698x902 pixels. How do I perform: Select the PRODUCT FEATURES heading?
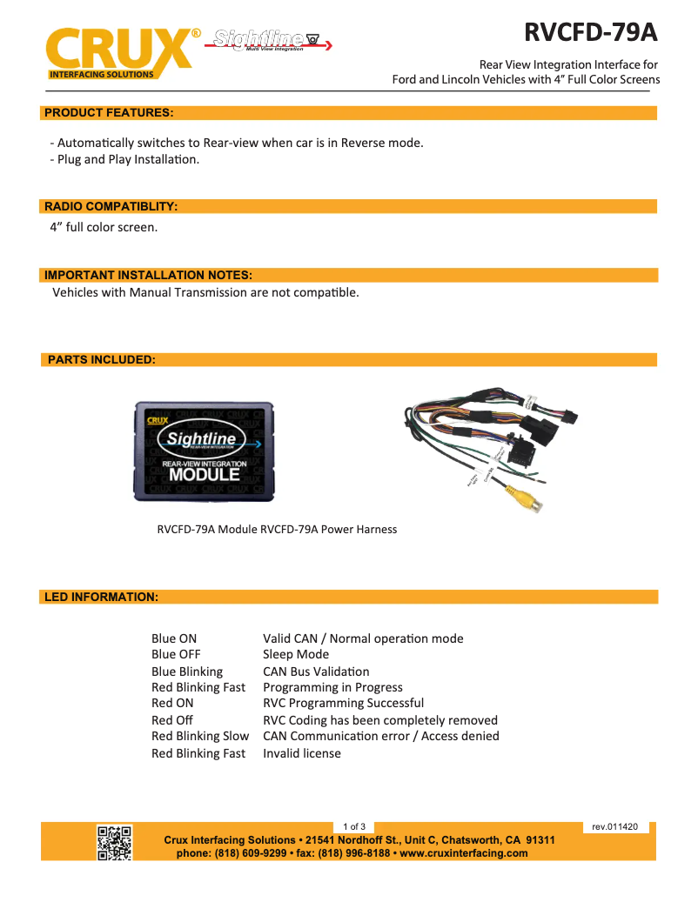point(108,112)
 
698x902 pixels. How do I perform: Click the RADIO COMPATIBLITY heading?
point(111,206)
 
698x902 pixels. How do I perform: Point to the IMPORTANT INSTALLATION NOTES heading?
point(148,275)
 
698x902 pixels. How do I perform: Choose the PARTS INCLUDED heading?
point(101,359)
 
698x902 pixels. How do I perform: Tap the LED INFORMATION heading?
point(101,597)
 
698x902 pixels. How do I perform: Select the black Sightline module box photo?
point(204,451)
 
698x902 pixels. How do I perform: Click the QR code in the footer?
point(114,843)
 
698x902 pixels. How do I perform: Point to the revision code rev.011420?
point(614,826)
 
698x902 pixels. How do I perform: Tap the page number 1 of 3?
point(354,826)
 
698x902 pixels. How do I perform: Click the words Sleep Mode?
point(296,654)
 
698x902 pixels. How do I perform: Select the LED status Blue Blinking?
point(187,671)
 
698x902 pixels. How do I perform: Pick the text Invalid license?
point(302,753)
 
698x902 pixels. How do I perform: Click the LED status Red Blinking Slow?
point(200,736)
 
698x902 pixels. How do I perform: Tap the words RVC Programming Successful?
point(343,703)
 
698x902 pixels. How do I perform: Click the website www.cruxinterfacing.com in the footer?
point(463,853)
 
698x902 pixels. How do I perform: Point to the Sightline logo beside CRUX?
point(269,40)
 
